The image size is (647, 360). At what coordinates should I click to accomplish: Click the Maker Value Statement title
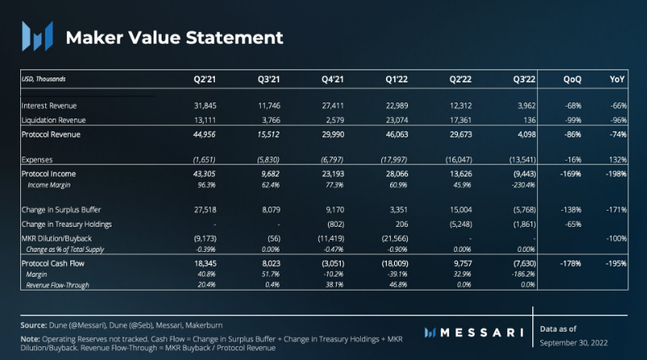(x=174, y=37)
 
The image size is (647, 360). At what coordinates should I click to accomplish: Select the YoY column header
(x=617, y=79)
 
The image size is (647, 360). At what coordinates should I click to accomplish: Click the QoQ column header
(x=572, y=79)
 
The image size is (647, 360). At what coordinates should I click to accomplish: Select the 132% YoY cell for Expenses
(x=618, y=159)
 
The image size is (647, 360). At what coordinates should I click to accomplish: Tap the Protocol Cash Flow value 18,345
(x=203, y=264)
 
